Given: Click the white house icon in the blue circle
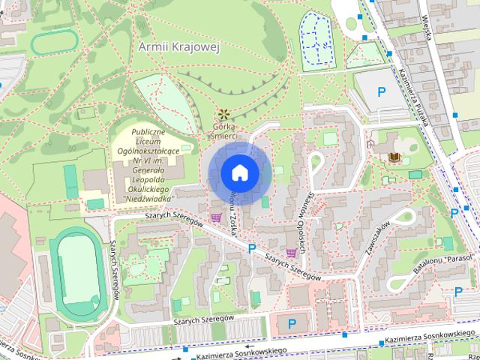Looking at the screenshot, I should coord(239,172).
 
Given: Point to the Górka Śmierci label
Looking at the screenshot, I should coord(223,132).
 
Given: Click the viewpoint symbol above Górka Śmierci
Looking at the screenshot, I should coord(223,115).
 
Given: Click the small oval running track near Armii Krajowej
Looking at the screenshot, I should coord(55,42).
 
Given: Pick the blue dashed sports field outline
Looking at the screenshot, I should coord(318,38).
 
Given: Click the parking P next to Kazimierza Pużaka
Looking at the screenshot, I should coord(381,92).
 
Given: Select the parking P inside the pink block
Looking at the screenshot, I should coord(292,323).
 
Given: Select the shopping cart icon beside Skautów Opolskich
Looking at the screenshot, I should coord(291,253).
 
